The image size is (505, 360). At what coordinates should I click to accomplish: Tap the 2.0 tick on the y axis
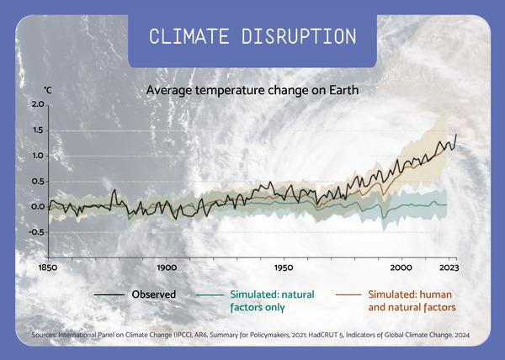click(37, 105)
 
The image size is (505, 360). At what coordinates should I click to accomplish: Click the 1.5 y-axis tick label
click(37, 130)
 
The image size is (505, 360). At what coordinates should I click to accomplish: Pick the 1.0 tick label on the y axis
click(37, 156)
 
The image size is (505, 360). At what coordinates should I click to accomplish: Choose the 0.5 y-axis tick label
click(37, 181)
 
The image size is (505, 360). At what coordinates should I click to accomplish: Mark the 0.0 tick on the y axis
click(37, 206)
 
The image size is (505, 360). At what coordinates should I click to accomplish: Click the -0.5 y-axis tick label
click(35, 232)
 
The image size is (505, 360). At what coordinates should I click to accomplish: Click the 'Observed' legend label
click(153, 294)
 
